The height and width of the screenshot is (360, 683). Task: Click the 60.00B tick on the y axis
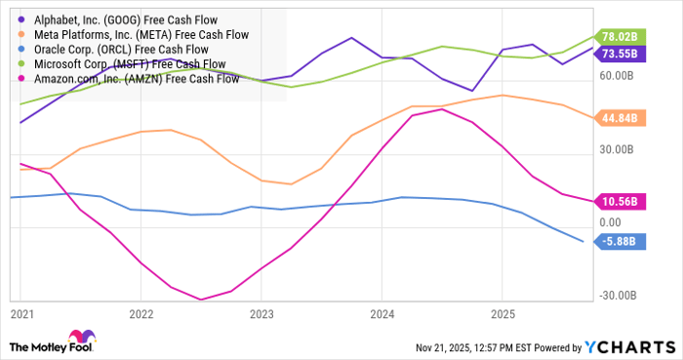point(619,75)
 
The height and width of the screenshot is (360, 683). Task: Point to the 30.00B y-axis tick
point(619,149)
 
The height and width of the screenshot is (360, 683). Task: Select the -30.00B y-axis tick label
point(619,297)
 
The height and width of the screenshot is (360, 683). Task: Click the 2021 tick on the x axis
point(20,315)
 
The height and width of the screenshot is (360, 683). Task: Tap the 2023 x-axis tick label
point(261,315)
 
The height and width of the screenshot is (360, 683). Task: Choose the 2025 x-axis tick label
point(502,315)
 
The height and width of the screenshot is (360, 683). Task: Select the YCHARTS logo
point(630,347)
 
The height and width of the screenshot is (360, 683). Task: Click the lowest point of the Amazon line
point(201,300)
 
